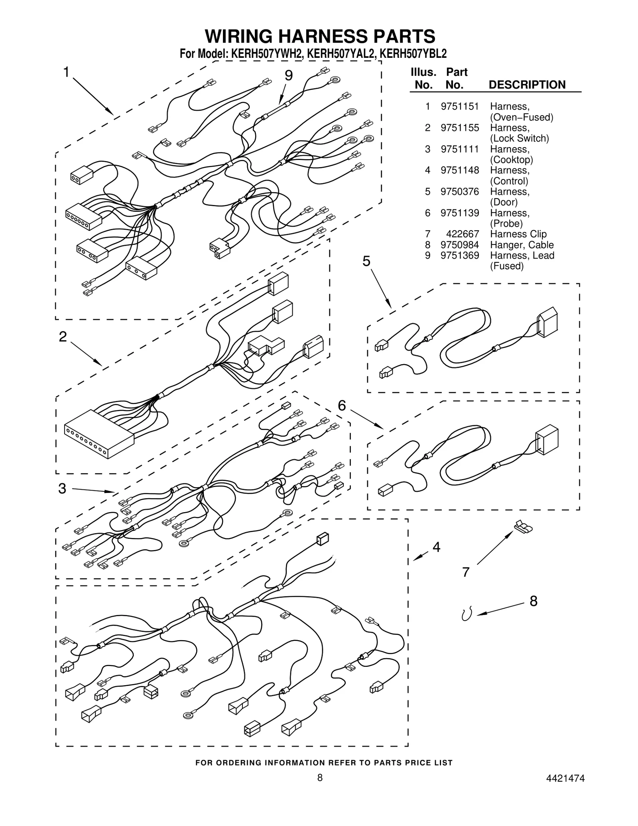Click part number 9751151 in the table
pos(459,106)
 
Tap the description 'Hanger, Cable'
pos(522,245)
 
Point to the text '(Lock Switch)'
pos(519,138)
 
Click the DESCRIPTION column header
pos(527,85)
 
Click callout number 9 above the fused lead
pos(289,75)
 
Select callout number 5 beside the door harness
pos(366,261)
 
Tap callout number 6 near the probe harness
pos(342,406)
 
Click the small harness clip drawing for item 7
pos(524,527)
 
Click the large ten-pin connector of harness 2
pos(98,436)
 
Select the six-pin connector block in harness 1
pos(84,216)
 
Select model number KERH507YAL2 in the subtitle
pos(341,54)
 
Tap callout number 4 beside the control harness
pos(436,547)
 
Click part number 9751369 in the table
pos(459,256)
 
